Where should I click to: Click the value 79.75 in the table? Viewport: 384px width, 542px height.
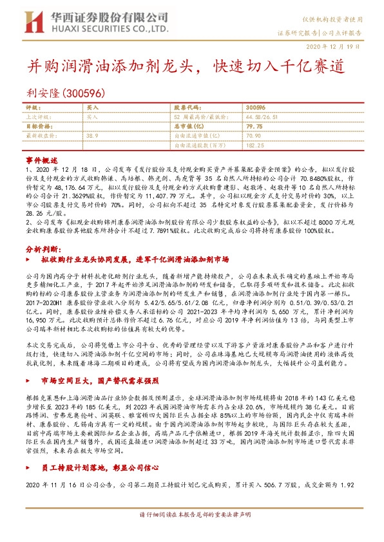click(254, 127)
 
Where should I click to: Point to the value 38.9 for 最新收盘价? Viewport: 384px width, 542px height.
click(91, 136)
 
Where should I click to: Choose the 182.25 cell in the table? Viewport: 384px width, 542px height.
click(255, 146)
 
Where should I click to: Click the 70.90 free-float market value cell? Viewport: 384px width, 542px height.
click(254, 136)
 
